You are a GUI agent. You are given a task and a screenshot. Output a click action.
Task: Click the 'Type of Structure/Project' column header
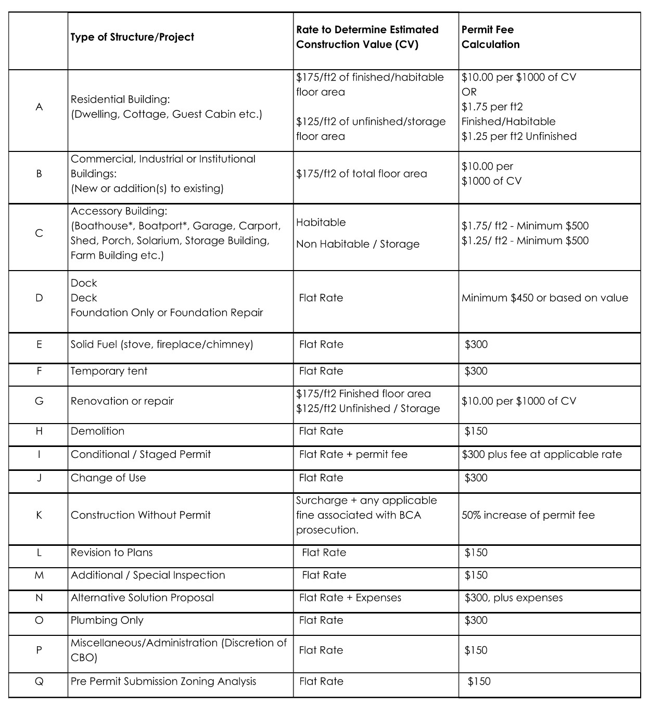pos(132,37)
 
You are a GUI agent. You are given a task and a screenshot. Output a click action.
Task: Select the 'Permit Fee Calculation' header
pos(490,37)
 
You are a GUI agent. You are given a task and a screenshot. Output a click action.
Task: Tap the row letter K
pos(39,515)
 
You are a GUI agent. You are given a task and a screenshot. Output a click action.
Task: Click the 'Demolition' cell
pos(98,431)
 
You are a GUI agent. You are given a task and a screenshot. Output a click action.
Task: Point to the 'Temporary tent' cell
pos(109,372)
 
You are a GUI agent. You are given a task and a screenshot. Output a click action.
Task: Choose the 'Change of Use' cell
pos(108,478)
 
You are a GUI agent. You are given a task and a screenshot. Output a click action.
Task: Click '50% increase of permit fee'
pos(528,515)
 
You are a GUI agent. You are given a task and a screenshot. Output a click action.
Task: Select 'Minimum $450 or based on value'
pos(544,298)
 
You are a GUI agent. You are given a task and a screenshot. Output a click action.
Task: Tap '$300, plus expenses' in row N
pos(513,598)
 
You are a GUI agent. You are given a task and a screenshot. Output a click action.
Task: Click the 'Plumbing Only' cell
pos(107,620)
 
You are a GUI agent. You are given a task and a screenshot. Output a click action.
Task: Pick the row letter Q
pos(39,682)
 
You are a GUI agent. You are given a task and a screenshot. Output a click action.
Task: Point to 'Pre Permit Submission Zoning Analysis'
pos(163,682)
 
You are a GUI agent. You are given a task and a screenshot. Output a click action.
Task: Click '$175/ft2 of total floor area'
pos(361,174)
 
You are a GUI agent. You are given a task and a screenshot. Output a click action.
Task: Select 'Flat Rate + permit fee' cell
pos(353,455)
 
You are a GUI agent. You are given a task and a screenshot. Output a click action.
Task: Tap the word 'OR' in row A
pos(469,92)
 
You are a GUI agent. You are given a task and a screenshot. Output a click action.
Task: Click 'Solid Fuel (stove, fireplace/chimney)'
pos(162,344)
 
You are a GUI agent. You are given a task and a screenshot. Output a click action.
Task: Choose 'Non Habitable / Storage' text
pos(358,244)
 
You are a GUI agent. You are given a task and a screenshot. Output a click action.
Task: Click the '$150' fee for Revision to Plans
pos(476,553)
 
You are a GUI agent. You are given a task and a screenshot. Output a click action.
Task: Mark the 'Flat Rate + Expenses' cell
pos(350,598)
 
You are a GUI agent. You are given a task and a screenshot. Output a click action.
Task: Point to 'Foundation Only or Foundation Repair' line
pos(167,313)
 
